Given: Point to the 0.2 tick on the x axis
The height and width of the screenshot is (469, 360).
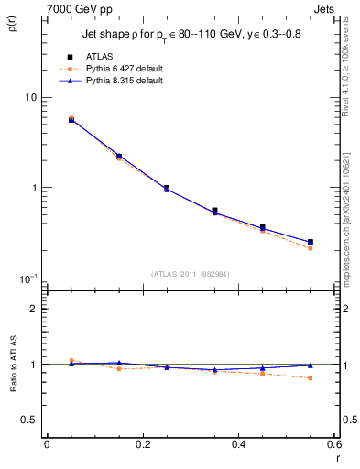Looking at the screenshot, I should pos(142,443).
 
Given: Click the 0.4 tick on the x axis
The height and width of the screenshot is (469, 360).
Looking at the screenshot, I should pos(238,443).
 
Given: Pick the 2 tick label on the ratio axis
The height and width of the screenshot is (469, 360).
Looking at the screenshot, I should pos(33,309).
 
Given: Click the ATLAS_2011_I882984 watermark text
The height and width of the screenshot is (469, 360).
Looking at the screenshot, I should pos(190,273).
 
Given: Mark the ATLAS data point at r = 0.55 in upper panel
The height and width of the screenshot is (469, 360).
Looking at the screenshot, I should pos(311,243).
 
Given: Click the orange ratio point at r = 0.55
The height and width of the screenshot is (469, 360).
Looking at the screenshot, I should pos(311,377).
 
